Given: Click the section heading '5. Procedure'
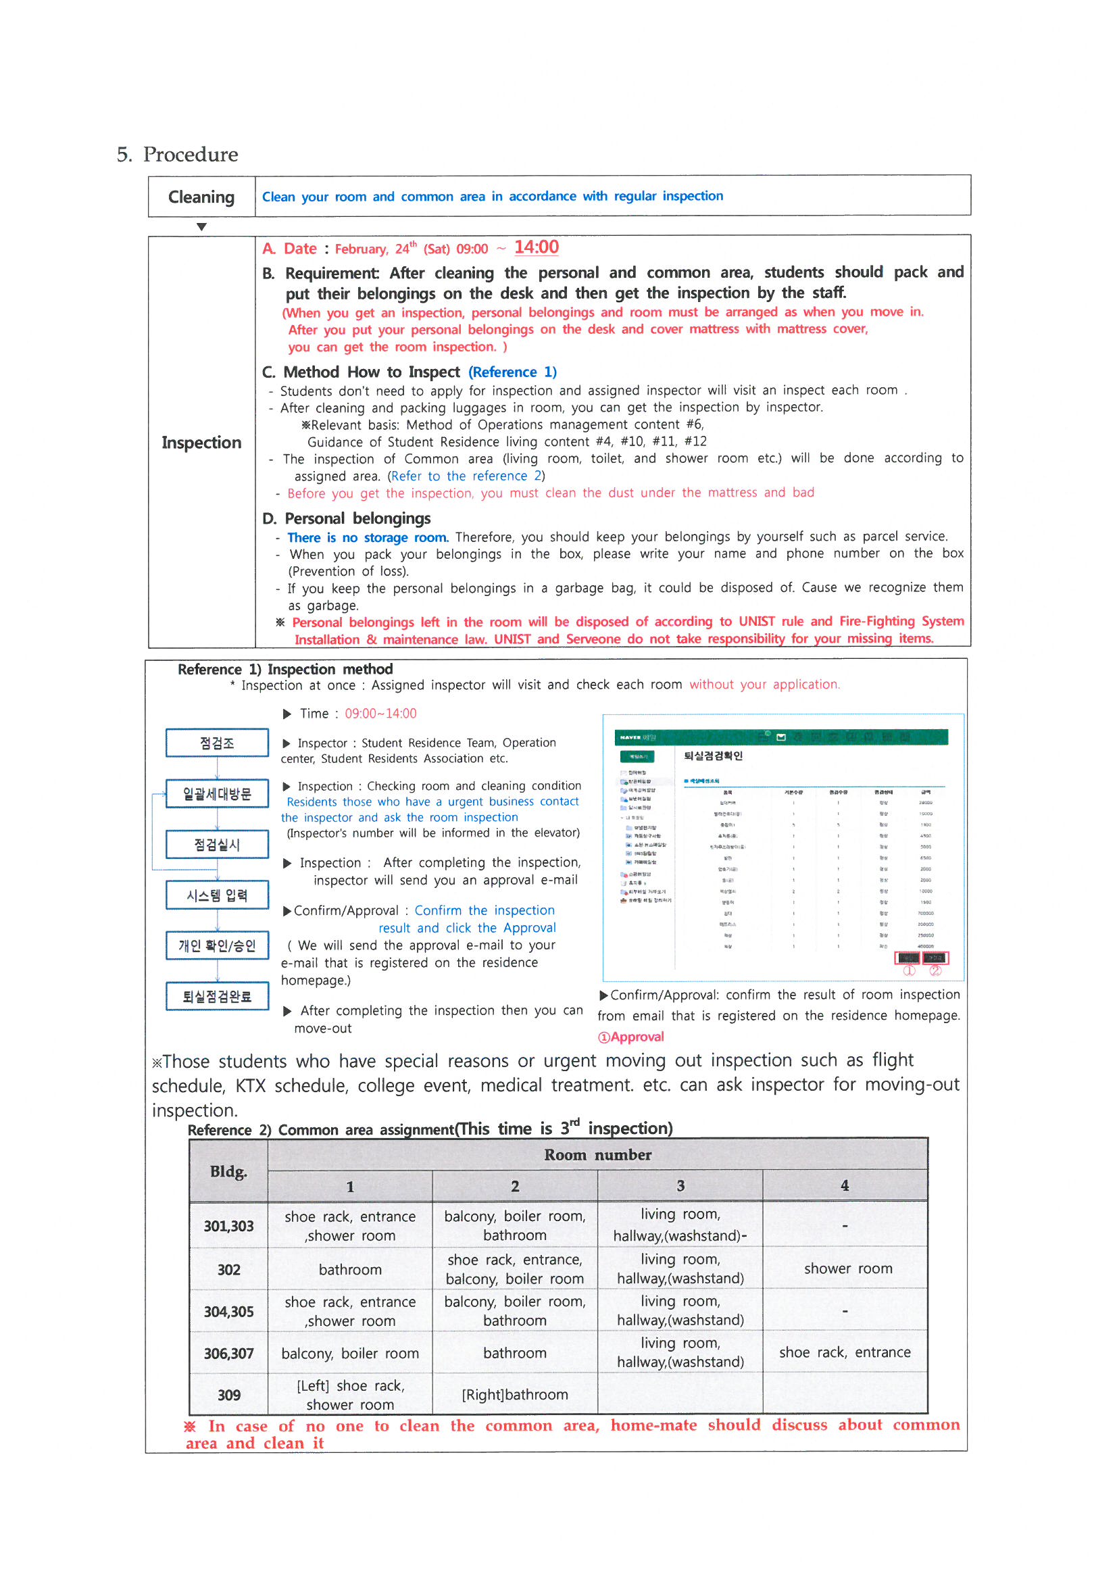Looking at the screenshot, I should click(x=178, y=154).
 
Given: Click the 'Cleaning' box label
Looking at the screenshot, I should click(x=201, y=197).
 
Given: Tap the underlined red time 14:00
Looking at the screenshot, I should click(x=536, y=247).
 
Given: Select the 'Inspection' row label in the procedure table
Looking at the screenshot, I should click(x=201, y=443).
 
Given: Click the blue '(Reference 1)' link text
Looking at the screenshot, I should click(x=512, y=372).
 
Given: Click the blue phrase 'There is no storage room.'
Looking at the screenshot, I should click(x=368, y=537).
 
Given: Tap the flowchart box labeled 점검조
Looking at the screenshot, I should click(x=217, y=743).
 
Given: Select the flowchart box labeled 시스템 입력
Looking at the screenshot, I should click(x=217, y=895).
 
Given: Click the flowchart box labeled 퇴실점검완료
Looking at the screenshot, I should click(x=217, y=996).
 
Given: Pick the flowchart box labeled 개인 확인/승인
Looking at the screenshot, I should click(x=217, y=945).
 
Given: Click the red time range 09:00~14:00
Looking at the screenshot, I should click(x=380, y=714).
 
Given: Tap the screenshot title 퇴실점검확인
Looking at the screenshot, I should click(x=713, y=756).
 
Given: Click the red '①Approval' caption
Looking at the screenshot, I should click(x=630, y=1037).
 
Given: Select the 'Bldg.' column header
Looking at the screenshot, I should click(x=228, y=1171).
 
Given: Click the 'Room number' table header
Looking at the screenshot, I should click(x=597, y=1155).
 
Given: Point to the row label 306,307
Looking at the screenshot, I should click(x=228, y=1354).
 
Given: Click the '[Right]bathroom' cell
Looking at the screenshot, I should click(x=515, y=1395).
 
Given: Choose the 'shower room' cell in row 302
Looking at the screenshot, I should click(x=848, y=1268).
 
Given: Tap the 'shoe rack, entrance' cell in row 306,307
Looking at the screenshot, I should click(x=845, y=1352).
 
